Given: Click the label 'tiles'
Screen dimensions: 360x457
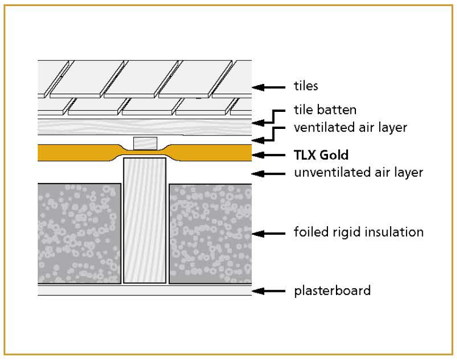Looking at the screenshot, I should pos(306,86).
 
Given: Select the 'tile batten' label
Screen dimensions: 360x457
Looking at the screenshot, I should pos(325,110).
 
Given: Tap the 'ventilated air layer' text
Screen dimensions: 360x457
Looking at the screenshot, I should pos(350,128).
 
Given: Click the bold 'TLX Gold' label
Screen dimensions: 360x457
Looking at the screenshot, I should pos(321,155).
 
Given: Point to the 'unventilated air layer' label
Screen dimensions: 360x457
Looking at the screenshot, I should pos(358,172).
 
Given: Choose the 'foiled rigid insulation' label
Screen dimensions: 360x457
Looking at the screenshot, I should pos(358,232).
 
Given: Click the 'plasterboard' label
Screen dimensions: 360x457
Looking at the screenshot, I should pos(332,291).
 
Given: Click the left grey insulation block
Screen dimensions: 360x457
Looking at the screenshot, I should pos(79,234).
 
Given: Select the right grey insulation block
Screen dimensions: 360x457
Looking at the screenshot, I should pos(209,234).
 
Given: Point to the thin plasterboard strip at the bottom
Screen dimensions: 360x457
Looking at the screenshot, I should pos(144,290).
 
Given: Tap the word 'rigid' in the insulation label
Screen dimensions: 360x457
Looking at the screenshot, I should pos(347,232).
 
